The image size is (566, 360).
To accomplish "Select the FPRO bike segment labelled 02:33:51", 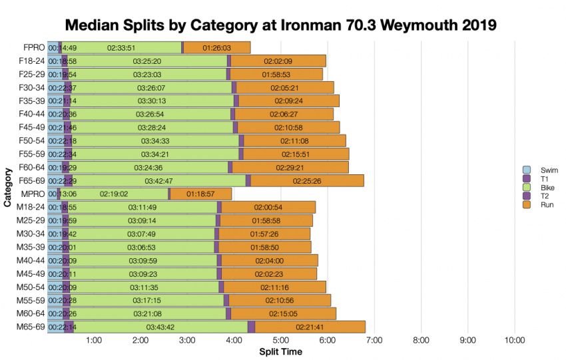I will tap(121, 47).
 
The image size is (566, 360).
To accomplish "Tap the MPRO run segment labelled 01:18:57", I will tap(200, 194).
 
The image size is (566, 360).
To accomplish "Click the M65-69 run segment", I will tap(310, 327).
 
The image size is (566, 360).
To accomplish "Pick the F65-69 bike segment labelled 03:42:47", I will tap(159, 180).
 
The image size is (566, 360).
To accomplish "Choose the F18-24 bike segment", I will tap(146, 61).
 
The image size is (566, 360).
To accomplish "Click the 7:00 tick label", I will tap(374, 341).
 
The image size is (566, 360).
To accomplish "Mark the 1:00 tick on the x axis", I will tap(94, 341).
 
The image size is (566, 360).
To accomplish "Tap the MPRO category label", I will tap(32, 194).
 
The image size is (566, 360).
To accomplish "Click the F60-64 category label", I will tap(32, 167).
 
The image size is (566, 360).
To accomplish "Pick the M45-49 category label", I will tap(32, 273).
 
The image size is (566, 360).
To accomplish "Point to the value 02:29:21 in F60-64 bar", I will tap(290, 167).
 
